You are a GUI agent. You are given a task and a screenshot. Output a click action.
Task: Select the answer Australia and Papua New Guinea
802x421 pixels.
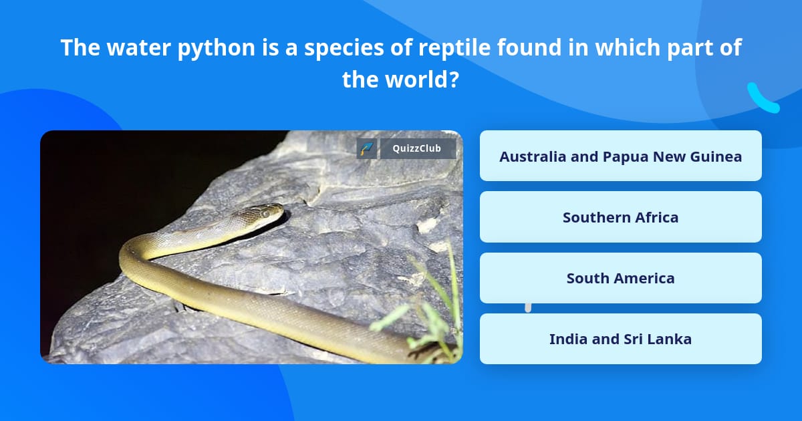point(620,156)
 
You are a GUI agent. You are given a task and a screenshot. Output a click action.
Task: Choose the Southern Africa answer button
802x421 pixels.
point(620,217)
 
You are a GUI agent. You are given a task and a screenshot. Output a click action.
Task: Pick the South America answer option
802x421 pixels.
point(620,278)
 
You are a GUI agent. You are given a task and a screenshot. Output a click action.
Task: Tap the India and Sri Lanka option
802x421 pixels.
point(620,339)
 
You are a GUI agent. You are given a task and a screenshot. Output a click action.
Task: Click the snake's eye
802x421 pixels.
point(266,214)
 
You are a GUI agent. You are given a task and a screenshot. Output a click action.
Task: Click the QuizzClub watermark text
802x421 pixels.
point(417,148)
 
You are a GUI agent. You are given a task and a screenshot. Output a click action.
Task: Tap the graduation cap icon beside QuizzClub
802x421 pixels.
point(367,148)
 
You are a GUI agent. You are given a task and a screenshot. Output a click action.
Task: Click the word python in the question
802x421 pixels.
point(217,48)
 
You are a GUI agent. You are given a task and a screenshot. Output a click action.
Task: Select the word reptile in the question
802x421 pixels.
point(454,48)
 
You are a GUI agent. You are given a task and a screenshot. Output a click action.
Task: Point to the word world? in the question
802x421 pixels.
point(422,80)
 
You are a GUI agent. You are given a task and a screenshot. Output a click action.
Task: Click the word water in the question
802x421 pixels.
point(138,48)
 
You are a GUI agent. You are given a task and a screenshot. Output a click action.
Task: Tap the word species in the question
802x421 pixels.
point(344,48)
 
